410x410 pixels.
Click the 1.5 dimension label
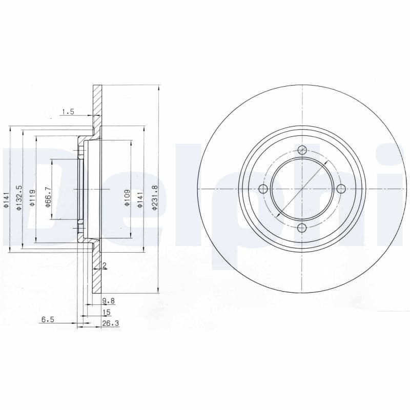click(x=68, y=112)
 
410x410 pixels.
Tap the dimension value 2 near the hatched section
click(x=105, y=265)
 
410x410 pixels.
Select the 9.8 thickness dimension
click(x=109, y=301)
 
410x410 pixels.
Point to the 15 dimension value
click(x=107, y=312)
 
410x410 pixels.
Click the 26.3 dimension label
click(x=110, y=323)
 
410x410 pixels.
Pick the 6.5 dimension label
click(x=48, y=319)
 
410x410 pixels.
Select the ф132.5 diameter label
click(x=19, y=198)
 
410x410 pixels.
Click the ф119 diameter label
click(x=32, y=198)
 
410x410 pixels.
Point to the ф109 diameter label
click(x=127, y=198)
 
